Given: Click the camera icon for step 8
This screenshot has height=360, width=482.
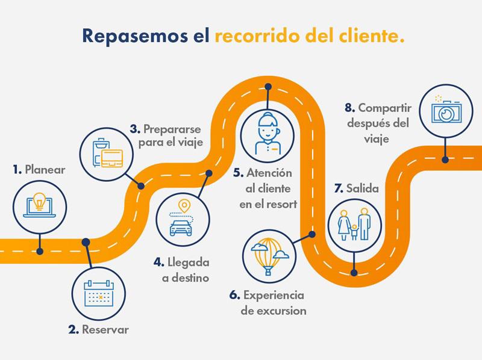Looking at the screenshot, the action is point(446,111).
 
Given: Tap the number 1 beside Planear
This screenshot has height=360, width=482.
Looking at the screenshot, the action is point(17,170).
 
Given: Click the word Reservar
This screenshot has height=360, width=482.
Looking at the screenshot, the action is point(105,329).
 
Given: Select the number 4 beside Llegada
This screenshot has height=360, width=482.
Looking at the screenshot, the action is point(158,262).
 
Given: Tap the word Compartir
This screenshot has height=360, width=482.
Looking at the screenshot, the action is point(384,108).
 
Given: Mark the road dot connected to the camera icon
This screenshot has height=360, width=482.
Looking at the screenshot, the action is point(445,160).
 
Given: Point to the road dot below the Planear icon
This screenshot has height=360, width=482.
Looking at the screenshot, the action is point(40,251).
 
